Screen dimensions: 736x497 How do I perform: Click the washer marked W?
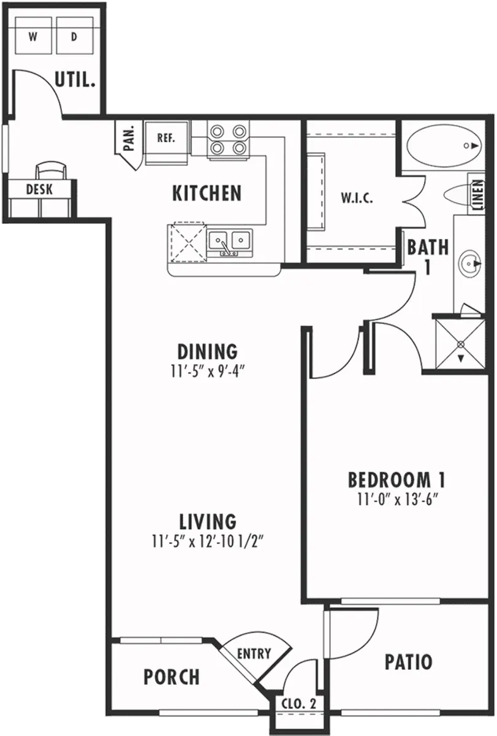(x=33, y=36)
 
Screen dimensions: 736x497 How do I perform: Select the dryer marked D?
(x=75, y=36)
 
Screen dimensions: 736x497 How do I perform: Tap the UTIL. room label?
(x=75, y=80)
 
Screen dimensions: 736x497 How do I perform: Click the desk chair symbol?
(x=50, y=170)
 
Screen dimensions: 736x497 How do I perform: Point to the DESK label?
(x=39, y=190)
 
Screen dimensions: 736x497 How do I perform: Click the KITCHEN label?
(x=207, y=193)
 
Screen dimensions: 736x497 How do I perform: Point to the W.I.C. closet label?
(x=357, y=199)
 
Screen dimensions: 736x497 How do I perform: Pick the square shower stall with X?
(x=460, y=344)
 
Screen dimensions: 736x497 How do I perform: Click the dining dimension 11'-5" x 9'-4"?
(x=207, y=371)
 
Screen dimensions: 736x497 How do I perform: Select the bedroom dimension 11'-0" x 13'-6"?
(x=396, y=499)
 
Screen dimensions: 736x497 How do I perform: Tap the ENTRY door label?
(x=254, y=654)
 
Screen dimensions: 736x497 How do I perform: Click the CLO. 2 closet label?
(x=298, y=704)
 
